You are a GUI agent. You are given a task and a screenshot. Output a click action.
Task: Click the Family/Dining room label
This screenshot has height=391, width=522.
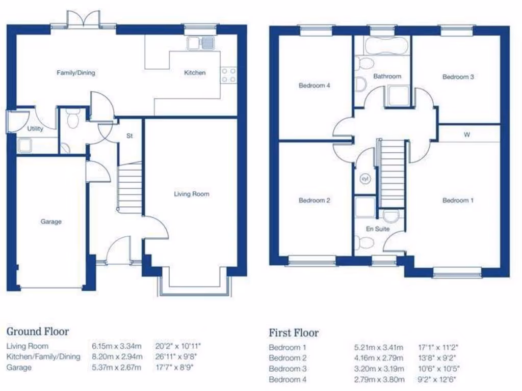point(75,73)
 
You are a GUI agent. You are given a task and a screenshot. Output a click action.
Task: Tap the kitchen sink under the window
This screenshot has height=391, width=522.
point(201,43)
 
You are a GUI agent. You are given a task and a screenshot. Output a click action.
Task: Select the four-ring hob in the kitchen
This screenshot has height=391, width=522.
point(228,75)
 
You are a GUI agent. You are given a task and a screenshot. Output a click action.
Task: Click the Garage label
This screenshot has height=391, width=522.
point(51,221)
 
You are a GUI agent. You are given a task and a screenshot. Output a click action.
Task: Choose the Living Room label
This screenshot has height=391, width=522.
point(191,194)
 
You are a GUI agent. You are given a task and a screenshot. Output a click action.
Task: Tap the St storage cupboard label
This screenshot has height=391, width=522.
point(129,136)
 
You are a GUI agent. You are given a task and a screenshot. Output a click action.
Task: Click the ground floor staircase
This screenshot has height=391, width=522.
point(129,186)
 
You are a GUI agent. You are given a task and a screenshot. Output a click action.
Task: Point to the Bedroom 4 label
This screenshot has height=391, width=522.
point(314,86)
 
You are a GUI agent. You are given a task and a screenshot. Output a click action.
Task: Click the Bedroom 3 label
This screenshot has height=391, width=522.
point(458,77)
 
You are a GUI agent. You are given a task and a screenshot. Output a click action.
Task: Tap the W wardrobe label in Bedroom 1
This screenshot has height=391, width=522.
point(466,135)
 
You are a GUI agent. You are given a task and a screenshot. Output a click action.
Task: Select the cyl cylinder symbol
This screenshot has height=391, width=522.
point(364,179)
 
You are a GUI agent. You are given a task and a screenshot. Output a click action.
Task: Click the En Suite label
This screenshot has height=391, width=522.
point(378,229)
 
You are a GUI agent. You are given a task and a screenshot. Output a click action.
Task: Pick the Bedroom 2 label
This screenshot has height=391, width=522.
point(314,201)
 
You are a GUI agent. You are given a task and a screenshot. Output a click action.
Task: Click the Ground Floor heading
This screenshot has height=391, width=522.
point(37,331)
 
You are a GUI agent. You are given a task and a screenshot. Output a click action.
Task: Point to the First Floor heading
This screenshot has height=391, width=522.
point(294,333)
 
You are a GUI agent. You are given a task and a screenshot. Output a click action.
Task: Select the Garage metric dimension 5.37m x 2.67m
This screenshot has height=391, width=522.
point(116,367)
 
